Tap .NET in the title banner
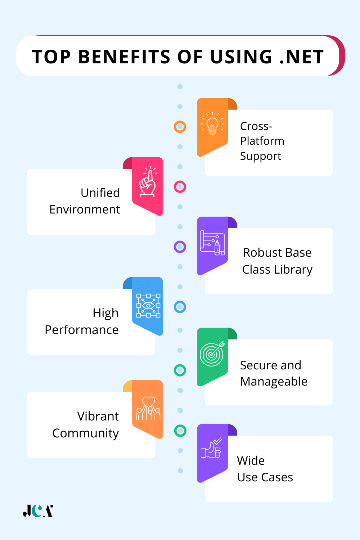click(x=302, y=57)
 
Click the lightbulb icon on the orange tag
click(x=212, y=124)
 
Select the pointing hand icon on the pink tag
click(x=148, y=182)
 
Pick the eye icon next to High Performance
click(x=148, y=306)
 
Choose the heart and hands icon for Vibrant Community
click(x=148, y=408)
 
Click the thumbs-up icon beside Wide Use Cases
click(x=212, y=449)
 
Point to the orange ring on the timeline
click(x=180, y=127)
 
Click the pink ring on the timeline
click(x=180, y=187)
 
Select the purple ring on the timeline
click(x=180, y=247)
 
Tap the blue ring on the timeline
click(x=180, y=307)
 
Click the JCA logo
click(x=38, y=511)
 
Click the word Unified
click(x=100, y=193)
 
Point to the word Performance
click(x=82, y=330)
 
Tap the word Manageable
click(x=274, y=382)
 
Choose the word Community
click(x=85, y=433)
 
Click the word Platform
click(x=262, y=141)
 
